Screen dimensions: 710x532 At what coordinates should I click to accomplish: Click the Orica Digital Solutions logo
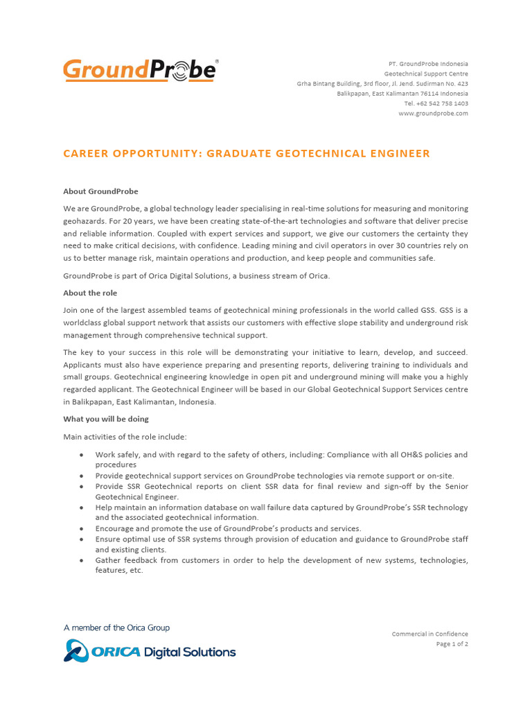pos(150,652)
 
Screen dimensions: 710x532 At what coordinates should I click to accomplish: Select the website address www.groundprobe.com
pos(433,113)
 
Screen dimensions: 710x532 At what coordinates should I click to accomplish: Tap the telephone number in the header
pos(436,103)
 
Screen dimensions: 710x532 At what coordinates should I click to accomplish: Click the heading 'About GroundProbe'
pos(100,191)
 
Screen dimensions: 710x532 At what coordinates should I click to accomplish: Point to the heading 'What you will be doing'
pos(106,419)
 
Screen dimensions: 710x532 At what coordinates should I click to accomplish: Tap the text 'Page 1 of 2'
pos(452,643)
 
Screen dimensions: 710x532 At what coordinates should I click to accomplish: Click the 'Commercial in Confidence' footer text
pos(429,634)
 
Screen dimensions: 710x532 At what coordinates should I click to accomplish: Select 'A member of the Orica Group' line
pos(116,627)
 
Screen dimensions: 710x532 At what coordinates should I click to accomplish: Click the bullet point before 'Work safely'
pos(82,455)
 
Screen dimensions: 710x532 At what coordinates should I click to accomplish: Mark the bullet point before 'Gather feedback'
pos(82,560)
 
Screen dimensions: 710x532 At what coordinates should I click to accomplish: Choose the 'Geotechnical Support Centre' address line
pos(426,73)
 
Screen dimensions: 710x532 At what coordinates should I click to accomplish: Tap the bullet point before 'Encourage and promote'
pos(82,528)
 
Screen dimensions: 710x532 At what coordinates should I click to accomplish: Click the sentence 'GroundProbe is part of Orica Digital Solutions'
pos(197,276)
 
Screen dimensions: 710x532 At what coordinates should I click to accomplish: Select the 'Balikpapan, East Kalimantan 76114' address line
pos(402,94)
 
